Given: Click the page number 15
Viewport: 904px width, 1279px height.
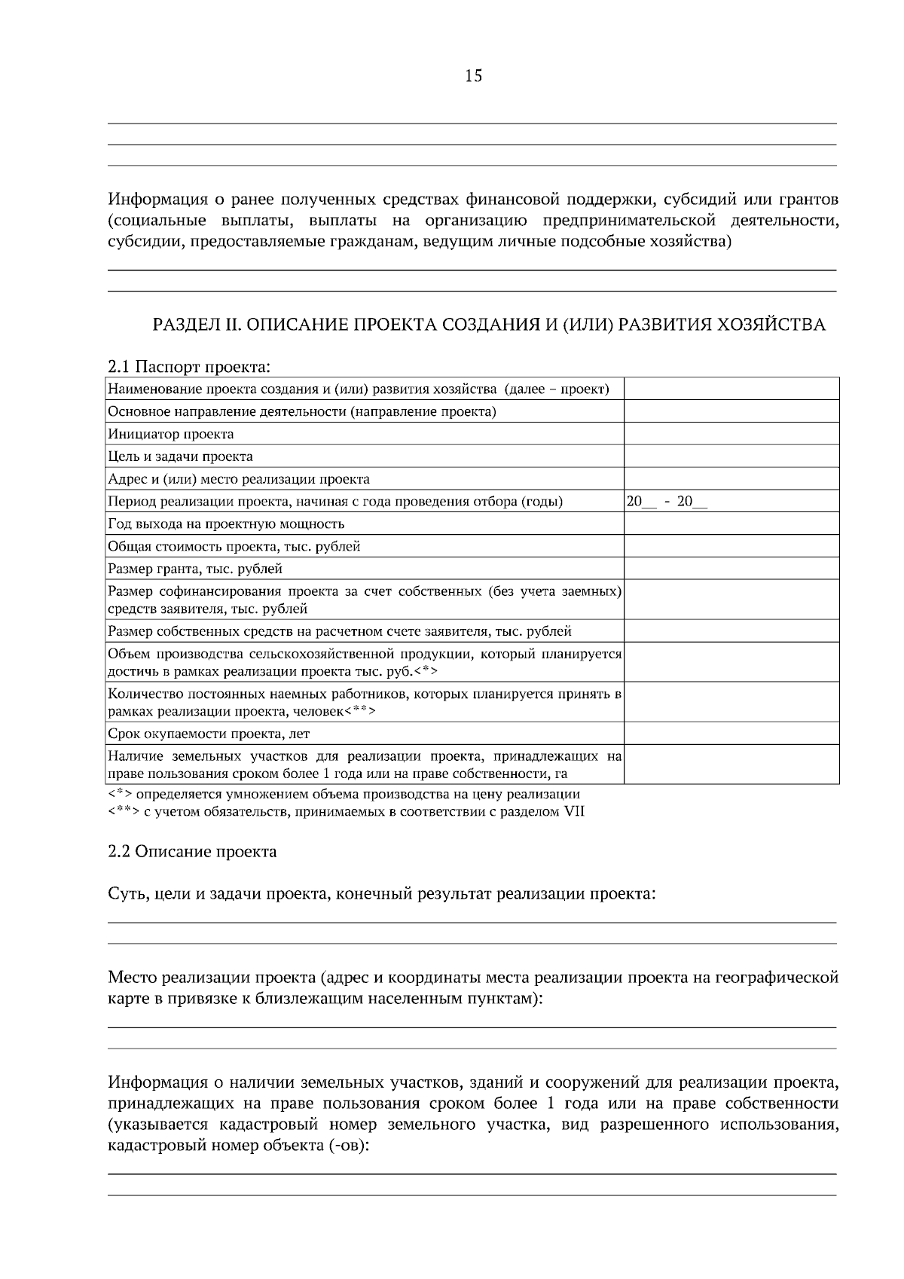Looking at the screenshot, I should pyautogui.click(x=474, y=76).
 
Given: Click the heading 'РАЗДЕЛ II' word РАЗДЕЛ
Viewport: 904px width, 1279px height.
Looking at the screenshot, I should pyautogui.click(x=185, y=325).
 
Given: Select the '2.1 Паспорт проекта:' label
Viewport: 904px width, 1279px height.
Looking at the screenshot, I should pyautogui.click(x=189, y=368).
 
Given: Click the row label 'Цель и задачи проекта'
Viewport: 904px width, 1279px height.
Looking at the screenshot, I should pyautogui.click(x=180, y=456).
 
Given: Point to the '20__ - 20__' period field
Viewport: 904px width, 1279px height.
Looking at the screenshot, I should pyautogui.click(x=667, y=502).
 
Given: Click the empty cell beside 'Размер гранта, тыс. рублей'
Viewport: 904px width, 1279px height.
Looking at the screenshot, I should pyautogui.click(x=731, y=569).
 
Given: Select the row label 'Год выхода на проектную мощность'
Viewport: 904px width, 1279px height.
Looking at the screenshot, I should pyautogui.click(x=226, y=524).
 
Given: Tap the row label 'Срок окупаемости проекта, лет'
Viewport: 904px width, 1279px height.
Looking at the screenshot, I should pyautogui.click(x=209, y=734).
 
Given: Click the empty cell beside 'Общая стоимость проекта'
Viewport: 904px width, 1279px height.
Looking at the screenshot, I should pyautogui.click(x=731, y=546).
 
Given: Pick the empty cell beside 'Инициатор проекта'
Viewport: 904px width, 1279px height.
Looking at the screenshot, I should pyautogui.click(x=731, y=434).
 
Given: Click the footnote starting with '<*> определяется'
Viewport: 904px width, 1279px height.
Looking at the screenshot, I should pyautogui.click(x=344, y=794).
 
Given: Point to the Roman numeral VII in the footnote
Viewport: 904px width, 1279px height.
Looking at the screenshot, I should pyautogui.click(x=573, y=812).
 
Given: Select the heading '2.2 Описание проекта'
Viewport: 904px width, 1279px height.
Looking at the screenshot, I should pyautogui.click(x=192, y=852).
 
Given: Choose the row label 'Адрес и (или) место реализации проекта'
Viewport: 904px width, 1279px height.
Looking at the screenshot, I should pyautogui.click(x=239, y=479).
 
